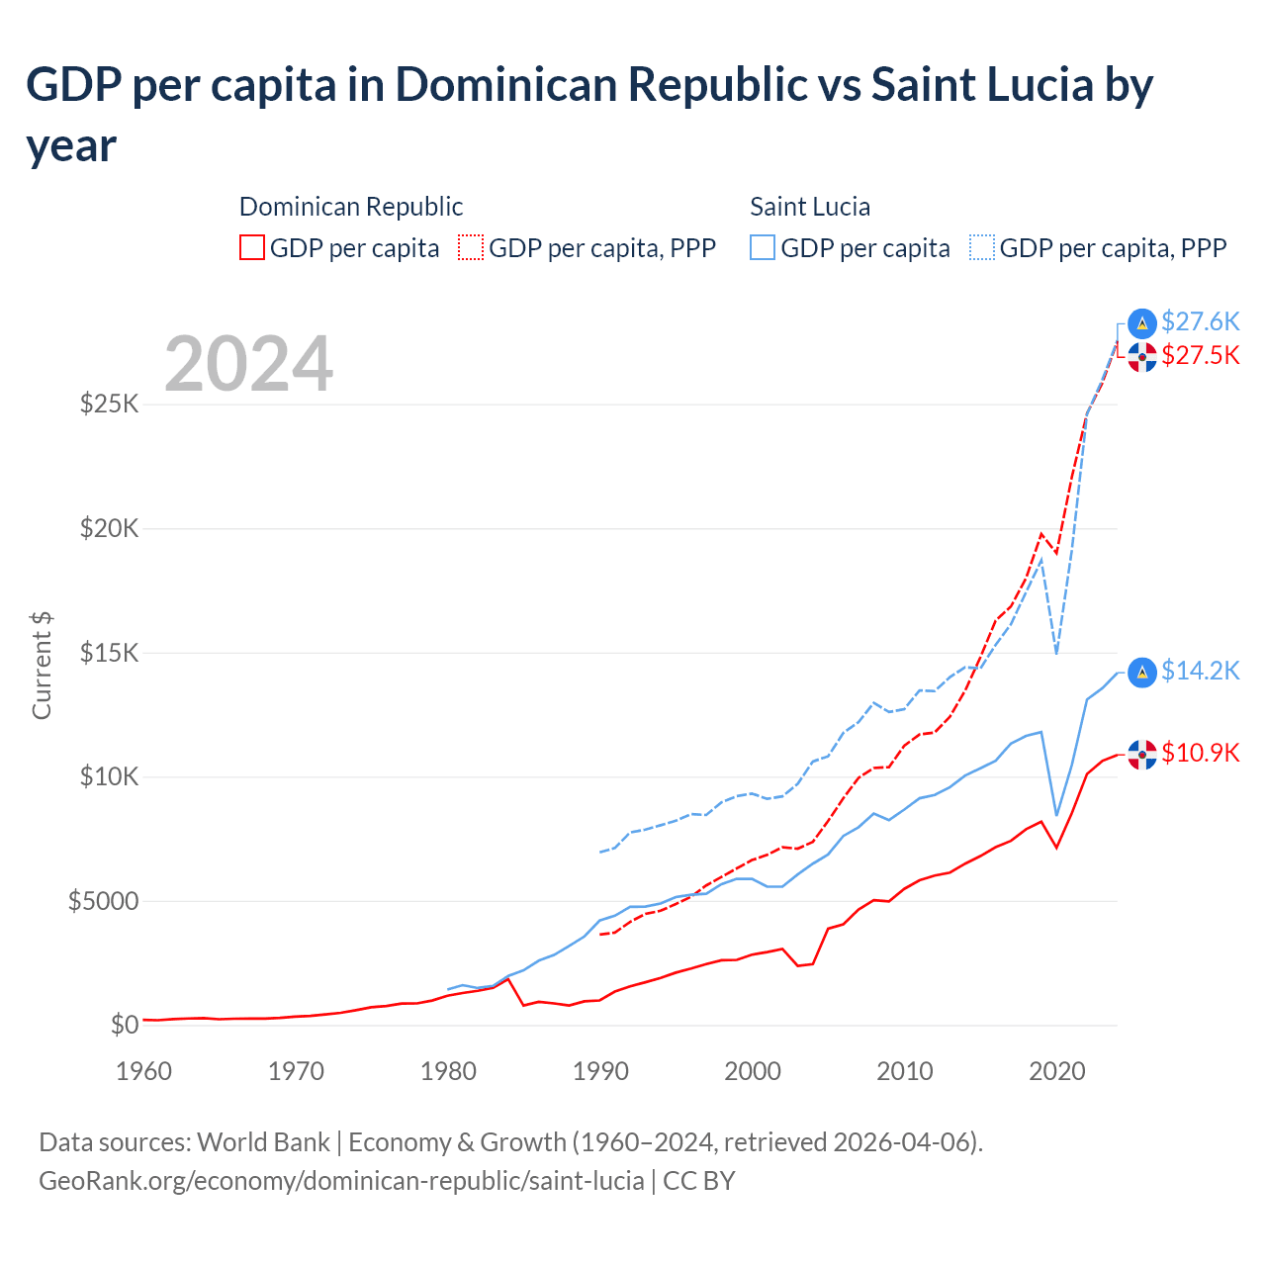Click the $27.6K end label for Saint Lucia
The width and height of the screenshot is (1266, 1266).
pyautogui.click(x=1200, y=321)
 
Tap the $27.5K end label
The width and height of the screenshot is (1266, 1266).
pyautogui.click(x=1200, y=355)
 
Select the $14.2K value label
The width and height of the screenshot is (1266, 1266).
pyautogui.click(x=1200, y=671)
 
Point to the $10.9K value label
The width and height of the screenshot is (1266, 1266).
pyautogui.click(x=1200, y=753)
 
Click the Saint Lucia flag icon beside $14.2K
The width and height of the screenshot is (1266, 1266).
pyautogui.click(x=1142, y=672)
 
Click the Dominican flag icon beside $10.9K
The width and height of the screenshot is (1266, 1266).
pyautogui.click(x=1142, y=755)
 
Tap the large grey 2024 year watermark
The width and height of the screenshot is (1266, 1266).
pyautogui.click(x=248, y=364)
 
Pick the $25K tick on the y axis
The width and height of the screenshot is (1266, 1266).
pyautogui.click(x=109, y=404)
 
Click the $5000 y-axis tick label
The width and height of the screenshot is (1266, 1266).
pyautogui.click(x=103, y=901)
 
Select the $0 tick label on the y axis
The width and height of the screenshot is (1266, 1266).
pyautogui.click(x=124, y=1025)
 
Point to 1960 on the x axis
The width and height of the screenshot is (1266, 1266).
pyautogui.click(x=143, y=1071)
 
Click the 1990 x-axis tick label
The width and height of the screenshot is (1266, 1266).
pyautogui.click(x=600, y=1071)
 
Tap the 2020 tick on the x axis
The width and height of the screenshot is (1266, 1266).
pyautogui.click(x=1056, y=1071)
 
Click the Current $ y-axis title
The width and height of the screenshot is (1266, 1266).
pyautogui.click(x=42, y=665)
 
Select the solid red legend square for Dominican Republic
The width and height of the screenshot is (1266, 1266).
pyautogui.click(x=252, y=247)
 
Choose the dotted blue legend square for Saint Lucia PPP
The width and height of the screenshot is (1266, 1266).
pyautogui.click(x=982, y=247)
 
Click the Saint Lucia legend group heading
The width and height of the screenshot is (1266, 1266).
pyautogui.click(x=810, y=207)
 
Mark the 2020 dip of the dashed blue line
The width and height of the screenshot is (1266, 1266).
pyautogui.click(x=1056, y=653)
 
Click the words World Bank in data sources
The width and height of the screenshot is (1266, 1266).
pyautogui.click(x=263, y=1142)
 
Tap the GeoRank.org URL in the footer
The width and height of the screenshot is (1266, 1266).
pyautogui.click(x=341, y=1181)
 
